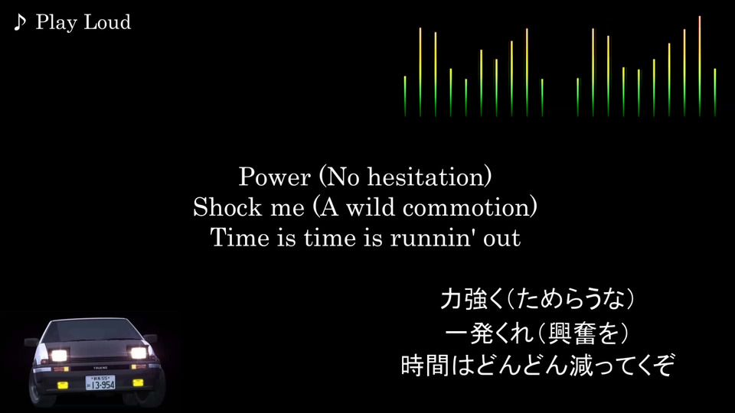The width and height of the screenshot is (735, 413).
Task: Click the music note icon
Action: point(19,22)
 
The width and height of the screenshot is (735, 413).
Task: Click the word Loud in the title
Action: point(108,22)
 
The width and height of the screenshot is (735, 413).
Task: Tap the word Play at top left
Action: point(56,23)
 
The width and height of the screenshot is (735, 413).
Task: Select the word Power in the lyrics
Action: point(275,177)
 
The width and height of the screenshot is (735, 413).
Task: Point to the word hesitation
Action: point(426,177)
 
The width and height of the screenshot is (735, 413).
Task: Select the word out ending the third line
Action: point(502,239)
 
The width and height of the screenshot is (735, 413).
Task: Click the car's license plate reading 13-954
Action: point(100,383)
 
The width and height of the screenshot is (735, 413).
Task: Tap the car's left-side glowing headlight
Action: point(58,356)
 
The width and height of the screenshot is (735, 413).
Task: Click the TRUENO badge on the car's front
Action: point(100,368)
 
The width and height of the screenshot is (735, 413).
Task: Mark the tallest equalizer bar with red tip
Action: point(699,66)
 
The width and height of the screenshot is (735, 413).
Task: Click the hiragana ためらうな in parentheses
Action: point(570,299)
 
